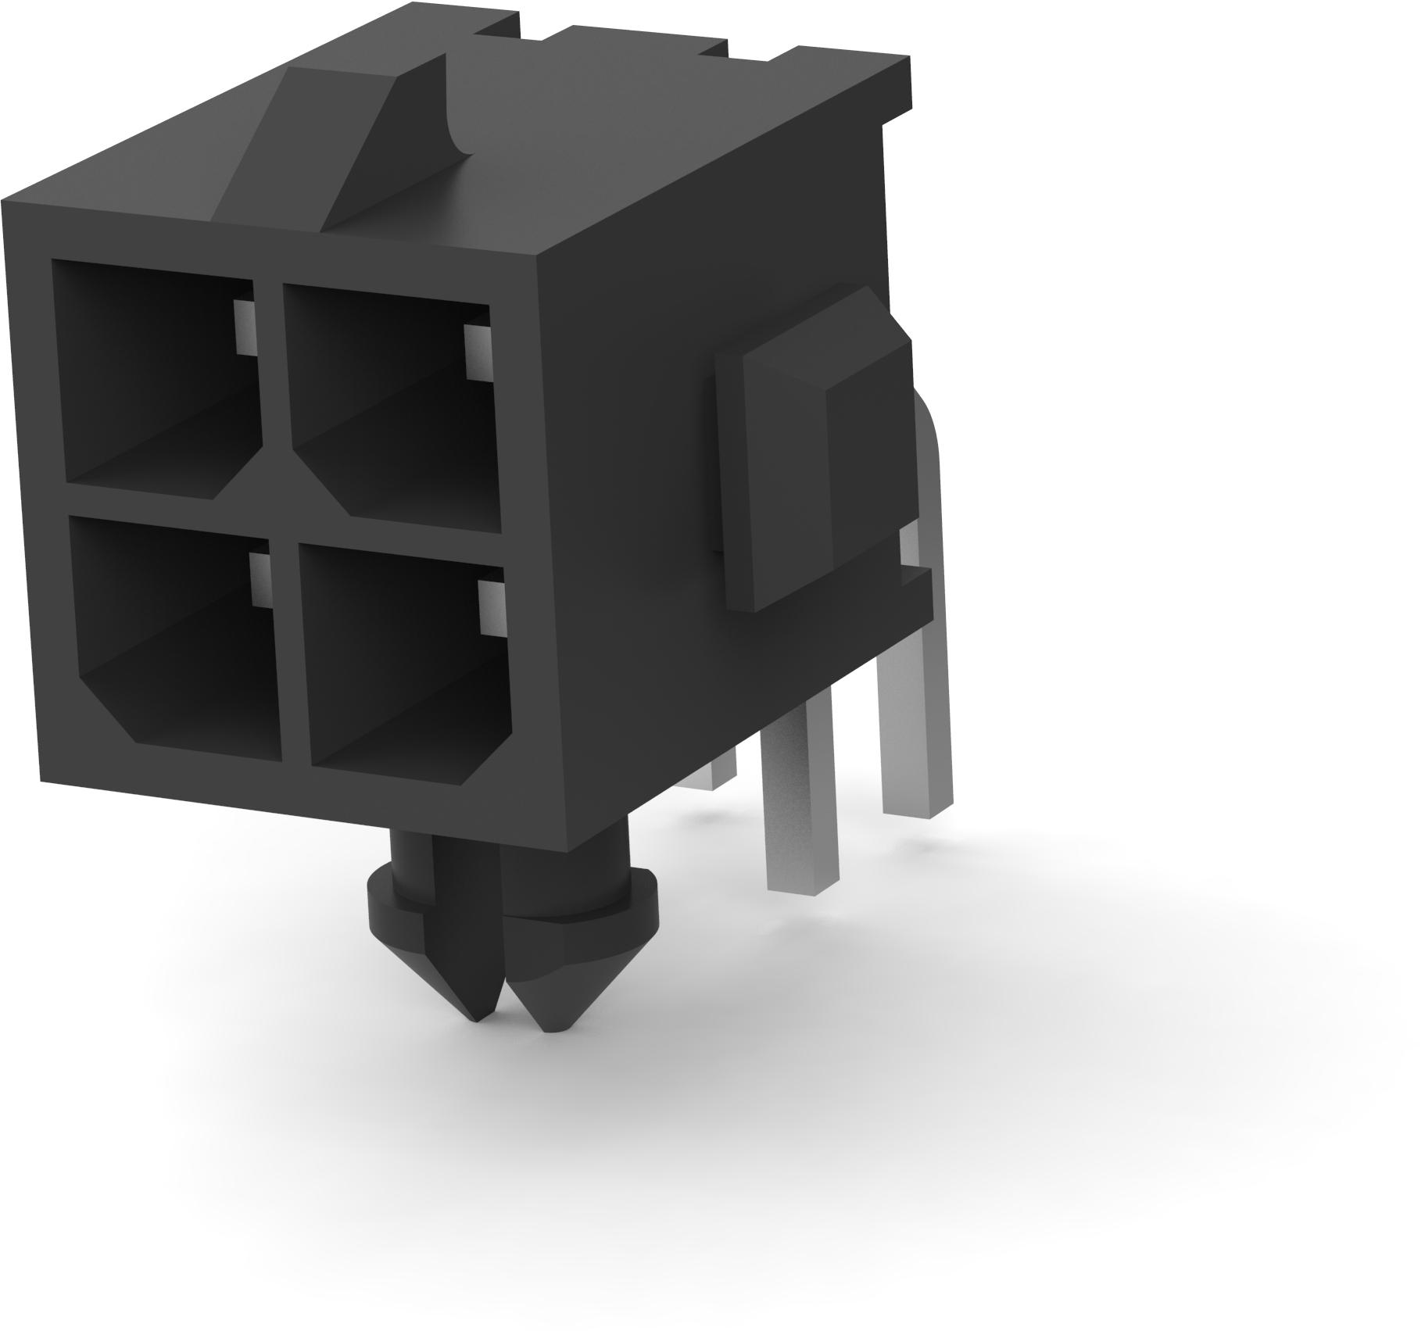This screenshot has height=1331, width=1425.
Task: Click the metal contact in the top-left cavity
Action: tap(244, 327)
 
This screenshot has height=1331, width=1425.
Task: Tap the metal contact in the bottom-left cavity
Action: tap(260, 580)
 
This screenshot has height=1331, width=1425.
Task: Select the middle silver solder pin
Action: tap(801, 789)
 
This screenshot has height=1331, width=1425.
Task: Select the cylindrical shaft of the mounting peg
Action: tap(438, 860)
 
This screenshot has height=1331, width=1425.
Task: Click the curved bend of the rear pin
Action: tap(930, 438)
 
